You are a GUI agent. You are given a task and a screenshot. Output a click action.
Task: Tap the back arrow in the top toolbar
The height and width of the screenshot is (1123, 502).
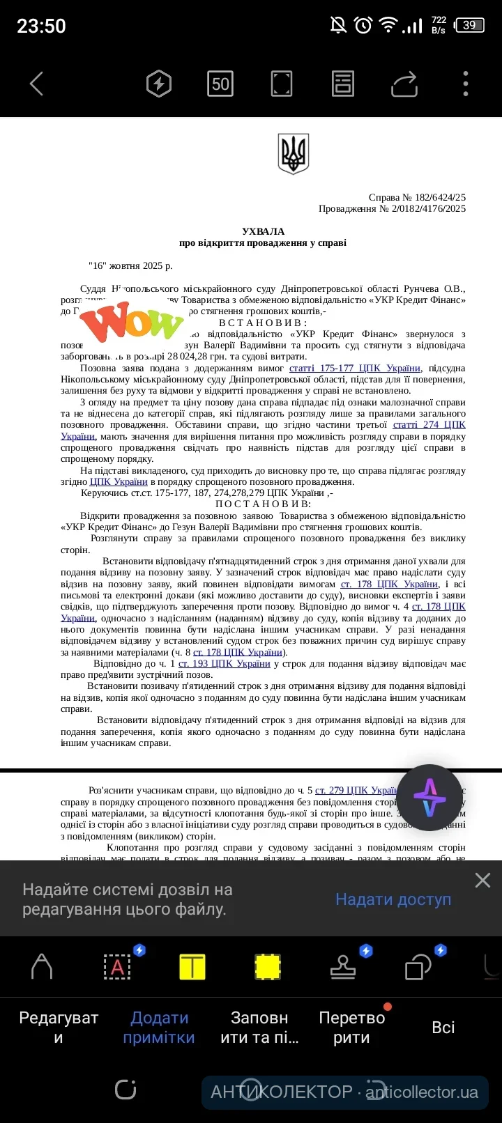tap(37, 84)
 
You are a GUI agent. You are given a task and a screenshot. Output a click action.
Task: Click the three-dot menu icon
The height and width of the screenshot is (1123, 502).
tap(465, 84)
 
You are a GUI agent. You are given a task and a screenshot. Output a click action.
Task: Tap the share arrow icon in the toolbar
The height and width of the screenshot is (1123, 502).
tap(404, 84)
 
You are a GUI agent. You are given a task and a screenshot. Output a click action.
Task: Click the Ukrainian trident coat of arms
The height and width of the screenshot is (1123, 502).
tap(293, 153)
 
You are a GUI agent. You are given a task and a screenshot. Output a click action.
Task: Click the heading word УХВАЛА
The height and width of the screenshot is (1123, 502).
tap(263, 231)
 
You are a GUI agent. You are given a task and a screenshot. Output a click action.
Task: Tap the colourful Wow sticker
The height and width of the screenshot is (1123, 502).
tap(132, 322)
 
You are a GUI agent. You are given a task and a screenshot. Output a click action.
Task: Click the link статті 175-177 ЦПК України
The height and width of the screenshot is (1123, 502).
tap(355, 368)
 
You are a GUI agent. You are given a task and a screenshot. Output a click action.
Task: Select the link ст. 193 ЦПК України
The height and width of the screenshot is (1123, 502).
tap(224, 663)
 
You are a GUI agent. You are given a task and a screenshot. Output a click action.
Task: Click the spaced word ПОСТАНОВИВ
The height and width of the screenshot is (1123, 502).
tap(263, 504)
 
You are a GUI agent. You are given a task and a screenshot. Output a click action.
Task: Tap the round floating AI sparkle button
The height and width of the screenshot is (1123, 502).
tap(429, 798)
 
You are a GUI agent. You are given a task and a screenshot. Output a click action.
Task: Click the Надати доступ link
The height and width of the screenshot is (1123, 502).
tap(393, 899)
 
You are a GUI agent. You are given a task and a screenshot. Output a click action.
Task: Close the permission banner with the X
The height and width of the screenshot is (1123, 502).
tap(482, 881)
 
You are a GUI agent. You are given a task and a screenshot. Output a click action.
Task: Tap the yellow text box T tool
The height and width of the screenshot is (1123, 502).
tap(192, 967)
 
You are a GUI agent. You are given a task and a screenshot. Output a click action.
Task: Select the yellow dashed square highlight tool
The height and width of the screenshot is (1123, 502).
tap(268, 967)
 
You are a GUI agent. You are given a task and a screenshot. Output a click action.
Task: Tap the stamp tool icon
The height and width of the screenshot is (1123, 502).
tap(343, 967)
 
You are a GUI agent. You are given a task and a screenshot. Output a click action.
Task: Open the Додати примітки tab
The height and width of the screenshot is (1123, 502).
tap(159, 1028)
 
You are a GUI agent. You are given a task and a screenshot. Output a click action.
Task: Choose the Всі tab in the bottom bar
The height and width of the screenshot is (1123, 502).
tap(443, 1028)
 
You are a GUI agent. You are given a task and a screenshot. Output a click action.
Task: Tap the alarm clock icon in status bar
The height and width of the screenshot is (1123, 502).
tap(363, 26)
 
